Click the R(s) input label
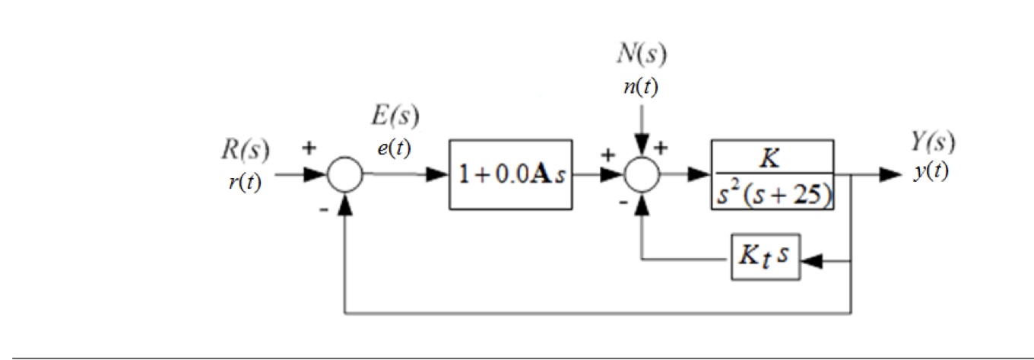[245, 151]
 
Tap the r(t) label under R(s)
[245, 183]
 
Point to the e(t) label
[394, 148]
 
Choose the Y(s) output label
[934, 141]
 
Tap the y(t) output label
[931, 171]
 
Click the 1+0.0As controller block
[510, 174]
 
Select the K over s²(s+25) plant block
[772, 174]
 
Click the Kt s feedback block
[766, 257]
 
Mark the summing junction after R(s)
[345, 174]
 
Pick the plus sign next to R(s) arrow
[309, 148]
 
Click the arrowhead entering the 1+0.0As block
[439, 174]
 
